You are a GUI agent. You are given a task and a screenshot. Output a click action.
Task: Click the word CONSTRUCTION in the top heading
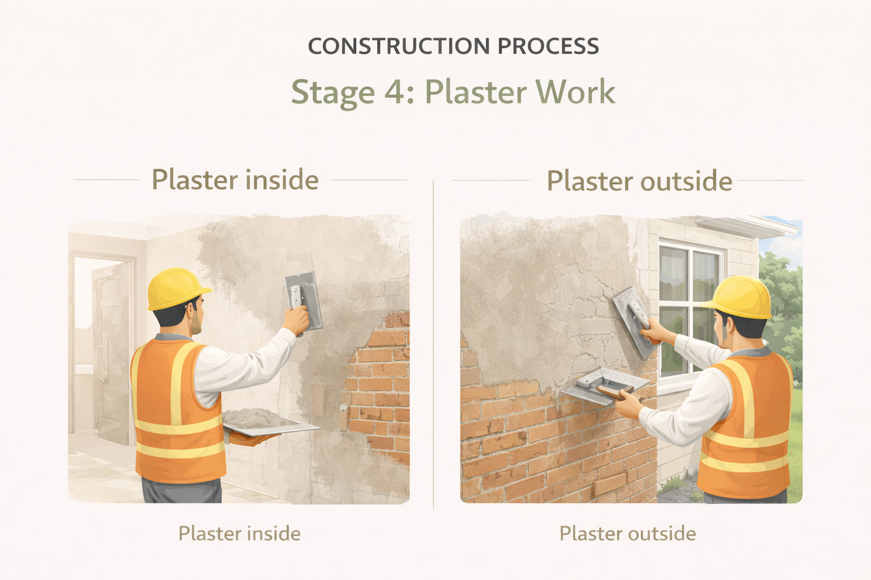click(x=399, y=46)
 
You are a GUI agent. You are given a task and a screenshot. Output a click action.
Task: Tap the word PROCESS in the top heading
click(x=548, y=46)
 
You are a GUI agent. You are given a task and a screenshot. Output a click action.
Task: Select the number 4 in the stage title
click(x=394, y=92)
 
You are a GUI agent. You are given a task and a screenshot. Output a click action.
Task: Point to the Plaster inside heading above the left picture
click(x=235, y=180)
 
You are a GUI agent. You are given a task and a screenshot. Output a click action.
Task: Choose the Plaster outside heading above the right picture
click(x=640, y=181)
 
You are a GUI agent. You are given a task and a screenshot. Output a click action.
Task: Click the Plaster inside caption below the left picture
click(x=239, y=533)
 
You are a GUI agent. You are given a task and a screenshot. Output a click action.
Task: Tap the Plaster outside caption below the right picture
click(x=628, y=533)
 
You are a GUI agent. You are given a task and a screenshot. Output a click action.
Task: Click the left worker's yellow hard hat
click(x=177, y=288)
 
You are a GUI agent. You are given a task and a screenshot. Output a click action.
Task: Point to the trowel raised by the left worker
click(x=304, y=301)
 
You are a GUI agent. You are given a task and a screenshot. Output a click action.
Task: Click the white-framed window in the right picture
click(x=690, y=308)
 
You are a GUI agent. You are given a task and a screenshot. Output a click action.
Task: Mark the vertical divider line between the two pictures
click(x=433, y=344)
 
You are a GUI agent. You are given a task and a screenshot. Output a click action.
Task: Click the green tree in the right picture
click(x=781, y=311)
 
